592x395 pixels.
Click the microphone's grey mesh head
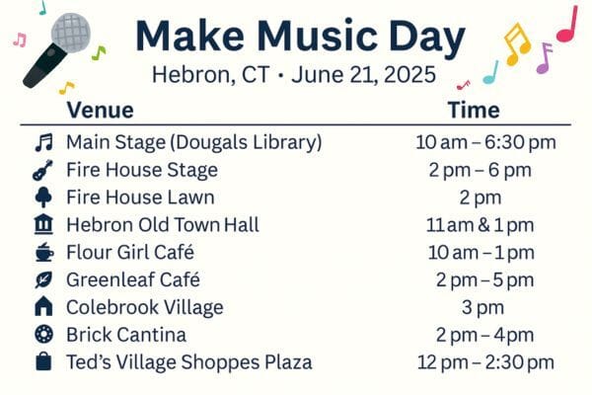point(71,33)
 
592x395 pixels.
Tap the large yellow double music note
point(517,43)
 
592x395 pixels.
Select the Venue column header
point(100,111)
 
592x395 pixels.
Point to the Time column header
point(474,111)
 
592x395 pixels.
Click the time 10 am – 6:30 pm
point(485,143)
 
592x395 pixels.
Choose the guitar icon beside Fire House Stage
point(43,170)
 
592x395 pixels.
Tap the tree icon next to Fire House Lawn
point(43,197)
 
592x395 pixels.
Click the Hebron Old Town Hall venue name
point(163,225)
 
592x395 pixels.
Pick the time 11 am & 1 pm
point(480,225)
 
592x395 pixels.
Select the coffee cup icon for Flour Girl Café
point(44,252)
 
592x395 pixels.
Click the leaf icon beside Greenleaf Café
point(43,279)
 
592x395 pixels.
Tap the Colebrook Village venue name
point(145,308)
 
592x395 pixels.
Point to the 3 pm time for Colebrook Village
point(482,308)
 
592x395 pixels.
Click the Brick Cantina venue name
point(126,335)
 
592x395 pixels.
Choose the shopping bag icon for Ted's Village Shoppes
point(43,361)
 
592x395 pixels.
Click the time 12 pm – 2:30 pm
point(485,362)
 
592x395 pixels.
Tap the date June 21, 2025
point(363,74)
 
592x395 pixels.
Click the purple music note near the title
point(544,58)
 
